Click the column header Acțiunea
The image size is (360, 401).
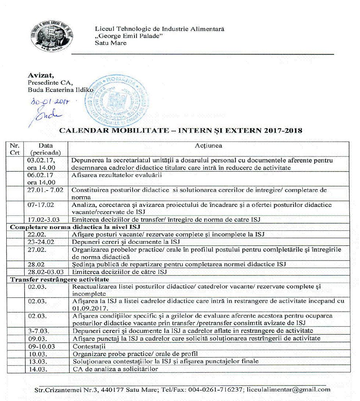(208, 146)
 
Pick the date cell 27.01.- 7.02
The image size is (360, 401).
(45, 190)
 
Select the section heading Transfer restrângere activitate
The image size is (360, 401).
(51, 279)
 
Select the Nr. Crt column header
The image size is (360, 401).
(16, 149)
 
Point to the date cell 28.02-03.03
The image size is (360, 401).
(46, 272)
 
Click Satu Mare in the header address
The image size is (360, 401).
(111, 43)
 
